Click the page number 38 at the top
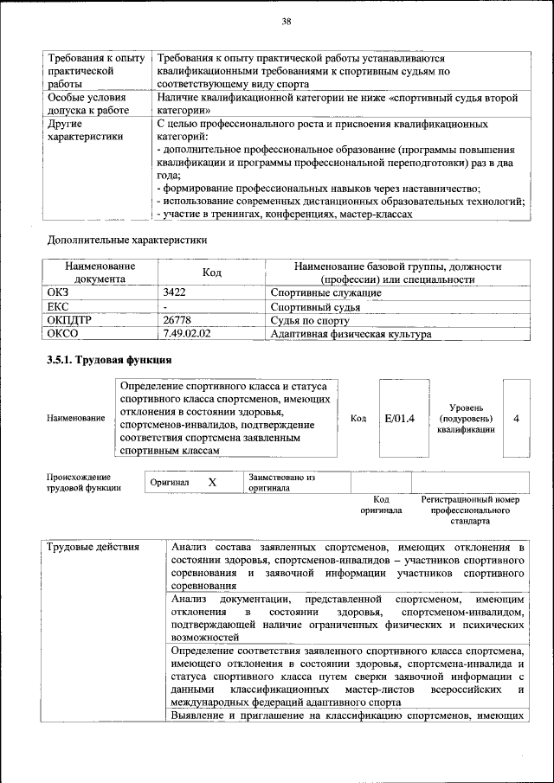point(287,21)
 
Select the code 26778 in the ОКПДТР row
point(177,319)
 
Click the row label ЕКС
point(58,306)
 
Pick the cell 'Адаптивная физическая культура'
point(351,332)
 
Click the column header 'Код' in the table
point(212,273)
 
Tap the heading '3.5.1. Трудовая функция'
point(108,360)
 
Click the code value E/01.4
point(399,419)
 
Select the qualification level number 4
point(516,419)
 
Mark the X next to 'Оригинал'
point(211,483)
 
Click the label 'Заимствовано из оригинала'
point(280,482)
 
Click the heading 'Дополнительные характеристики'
point(126,239)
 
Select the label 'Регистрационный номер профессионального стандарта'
point(470,510)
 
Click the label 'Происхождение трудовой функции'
point(80,482)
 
